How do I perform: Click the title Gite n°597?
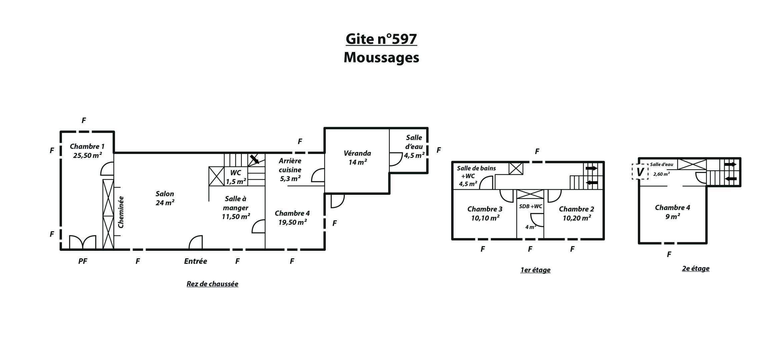[x=381, y=39]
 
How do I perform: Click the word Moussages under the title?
[x=381, y=57]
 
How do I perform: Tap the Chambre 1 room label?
[x=87, y=151]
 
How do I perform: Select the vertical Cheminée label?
[x=121, y=212]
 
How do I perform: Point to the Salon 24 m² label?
[x=165, y=198]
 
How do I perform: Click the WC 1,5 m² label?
[x=236, y=177]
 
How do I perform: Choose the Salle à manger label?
[x=236, y=208]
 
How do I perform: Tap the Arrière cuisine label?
[x=290, y=170]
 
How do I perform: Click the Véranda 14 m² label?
[x=357, y=158]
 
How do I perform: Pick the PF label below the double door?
[x=83, y=261]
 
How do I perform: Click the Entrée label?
[x=195, y=261]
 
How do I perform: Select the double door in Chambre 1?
[x=82, y=242]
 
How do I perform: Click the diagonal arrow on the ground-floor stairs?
[x=255, y=159]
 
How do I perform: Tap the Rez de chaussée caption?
[x=212, y=284]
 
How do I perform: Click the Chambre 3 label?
[x=485, y=213]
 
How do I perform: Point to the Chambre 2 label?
[x=577, y=213]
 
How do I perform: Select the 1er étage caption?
[x=535, y=270]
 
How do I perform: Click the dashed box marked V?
[x=640, y=172]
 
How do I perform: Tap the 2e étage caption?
[x=696, y=268]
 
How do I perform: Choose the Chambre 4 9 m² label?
[x=672, y=212]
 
